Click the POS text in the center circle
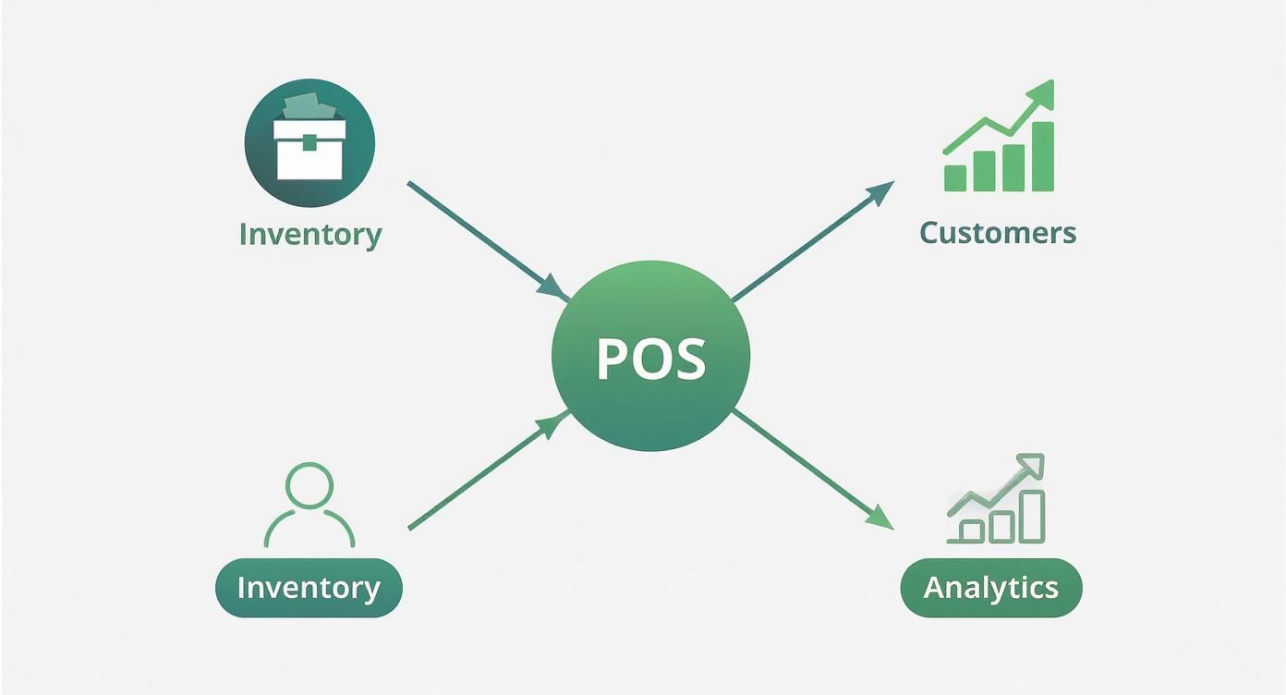click(650, 359)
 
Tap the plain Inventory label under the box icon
click(309, 234)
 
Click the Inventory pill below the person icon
click(309, 588)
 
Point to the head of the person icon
click(309, 485)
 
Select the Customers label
click(998, 232)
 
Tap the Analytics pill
click(990, 588)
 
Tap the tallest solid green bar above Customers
click(1042, 156)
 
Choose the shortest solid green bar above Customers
click(955, 178)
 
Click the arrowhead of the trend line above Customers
click(1041, 91)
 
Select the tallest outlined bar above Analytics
click(1031, 516)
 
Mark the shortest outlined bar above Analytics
click(971, 530)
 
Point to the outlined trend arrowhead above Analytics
click(1031, 465)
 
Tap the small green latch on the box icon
click(309, 141)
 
